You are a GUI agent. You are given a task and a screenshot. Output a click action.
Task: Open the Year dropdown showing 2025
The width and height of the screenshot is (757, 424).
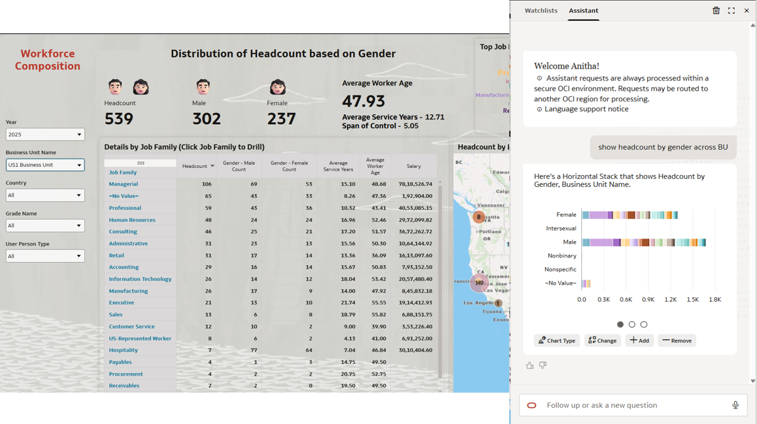click(45, 135)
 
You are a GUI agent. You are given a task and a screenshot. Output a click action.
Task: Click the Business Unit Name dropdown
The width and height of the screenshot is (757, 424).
click(45, 165)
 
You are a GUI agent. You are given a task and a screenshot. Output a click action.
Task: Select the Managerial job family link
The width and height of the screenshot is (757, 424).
click(123, 184)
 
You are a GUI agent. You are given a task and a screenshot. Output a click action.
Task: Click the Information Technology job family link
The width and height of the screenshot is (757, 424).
click(140, 279)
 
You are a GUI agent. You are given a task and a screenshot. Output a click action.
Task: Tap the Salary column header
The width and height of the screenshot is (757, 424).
click(413, 167)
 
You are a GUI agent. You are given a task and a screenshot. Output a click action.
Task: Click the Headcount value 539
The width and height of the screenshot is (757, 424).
click(119, 119)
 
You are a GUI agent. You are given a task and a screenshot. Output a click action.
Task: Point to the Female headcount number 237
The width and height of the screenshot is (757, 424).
click(281, 119)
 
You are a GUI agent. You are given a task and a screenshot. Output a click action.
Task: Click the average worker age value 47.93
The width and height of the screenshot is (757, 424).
click(363, 101)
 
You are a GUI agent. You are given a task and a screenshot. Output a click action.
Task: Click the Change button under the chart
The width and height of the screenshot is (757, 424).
click(602, 340)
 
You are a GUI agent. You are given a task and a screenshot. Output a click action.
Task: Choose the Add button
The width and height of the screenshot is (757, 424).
click(639, 340)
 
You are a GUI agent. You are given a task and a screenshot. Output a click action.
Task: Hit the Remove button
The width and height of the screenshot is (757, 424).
click(677, 340)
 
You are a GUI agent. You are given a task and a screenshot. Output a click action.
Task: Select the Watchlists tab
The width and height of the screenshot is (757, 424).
click(541, 10)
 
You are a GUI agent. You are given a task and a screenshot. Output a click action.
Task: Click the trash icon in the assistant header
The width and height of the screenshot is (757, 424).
click(716, 10)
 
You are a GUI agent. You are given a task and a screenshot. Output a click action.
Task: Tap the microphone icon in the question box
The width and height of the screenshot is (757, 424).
click(735, 405)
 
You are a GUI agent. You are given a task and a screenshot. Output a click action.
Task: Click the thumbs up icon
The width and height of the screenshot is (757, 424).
click(530, 366)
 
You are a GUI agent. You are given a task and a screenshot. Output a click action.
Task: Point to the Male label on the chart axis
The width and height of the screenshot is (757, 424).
click(569, 242)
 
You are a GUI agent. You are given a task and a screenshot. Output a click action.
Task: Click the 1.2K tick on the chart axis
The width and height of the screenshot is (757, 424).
click(671, 300)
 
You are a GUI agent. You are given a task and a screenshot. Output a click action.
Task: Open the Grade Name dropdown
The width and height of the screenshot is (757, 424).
click(45, 226)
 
